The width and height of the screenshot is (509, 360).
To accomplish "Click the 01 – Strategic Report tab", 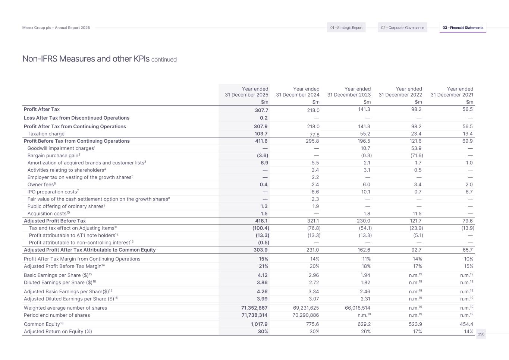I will [346, 28].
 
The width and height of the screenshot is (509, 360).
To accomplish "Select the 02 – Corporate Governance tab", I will [402, 28].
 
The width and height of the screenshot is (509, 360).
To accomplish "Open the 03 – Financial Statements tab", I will [463, 28].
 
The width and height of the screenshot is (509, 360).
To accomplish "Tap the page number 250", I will [481, 334].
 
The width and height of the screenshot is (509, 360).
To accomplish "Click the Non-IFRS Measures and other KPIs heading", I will [86, 59].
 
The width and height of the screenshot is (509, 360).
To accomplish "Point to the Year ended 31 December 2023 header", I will [349, 92].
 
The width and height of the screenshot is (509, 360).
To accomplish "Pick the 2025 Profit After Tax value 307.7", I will [261, 110].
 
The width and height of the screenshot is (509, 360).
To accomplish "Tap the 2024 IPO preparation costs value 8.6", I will [315, 192].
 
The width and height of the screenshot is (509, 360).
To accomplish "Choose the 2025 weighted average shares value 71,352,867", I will [254, 308].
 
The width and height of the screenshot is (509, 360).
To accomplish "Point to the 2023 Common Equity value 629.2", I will [364, 324].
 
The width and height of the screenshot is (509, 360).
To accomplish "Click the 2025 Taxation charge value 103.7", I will [261, 134].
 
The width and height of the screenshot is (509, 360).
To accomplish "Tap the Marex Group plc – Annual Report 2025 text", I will [56, 28].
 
